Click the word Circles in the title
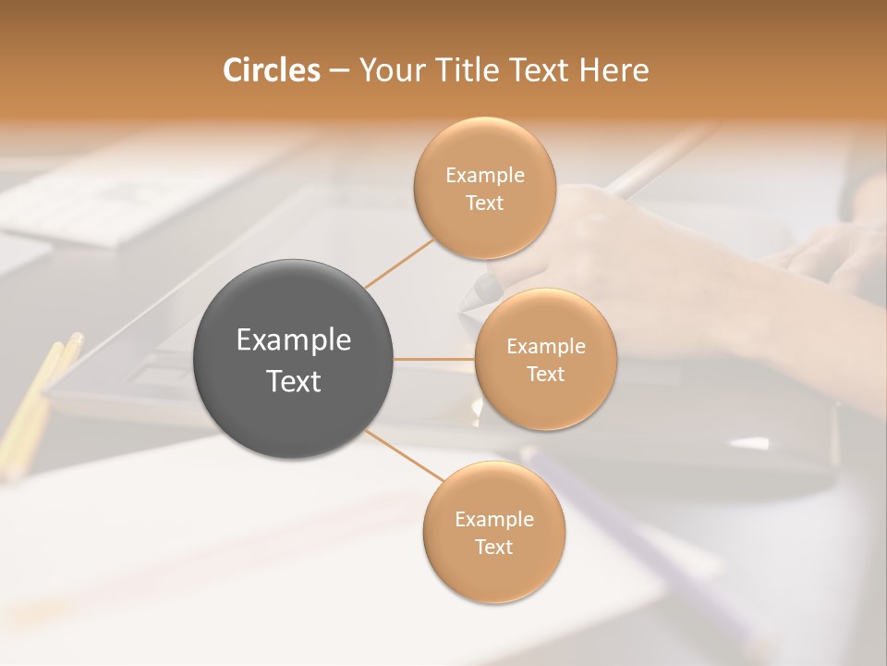(272, 70)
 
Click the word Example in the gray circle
(294, 340)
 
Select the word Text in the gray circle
(294, 381)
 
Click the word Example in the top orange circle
(485, 176)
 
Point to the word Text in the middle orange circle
(545, 374)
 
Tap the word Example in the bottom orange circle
(494, 520)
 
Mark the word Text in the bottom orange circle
(493, 547)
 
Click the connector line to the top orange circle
(399, 264)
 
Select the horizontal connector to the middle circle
(434, 359)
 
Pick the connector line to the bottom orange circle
(405, 456)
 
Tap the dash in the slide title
(339, 71)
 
